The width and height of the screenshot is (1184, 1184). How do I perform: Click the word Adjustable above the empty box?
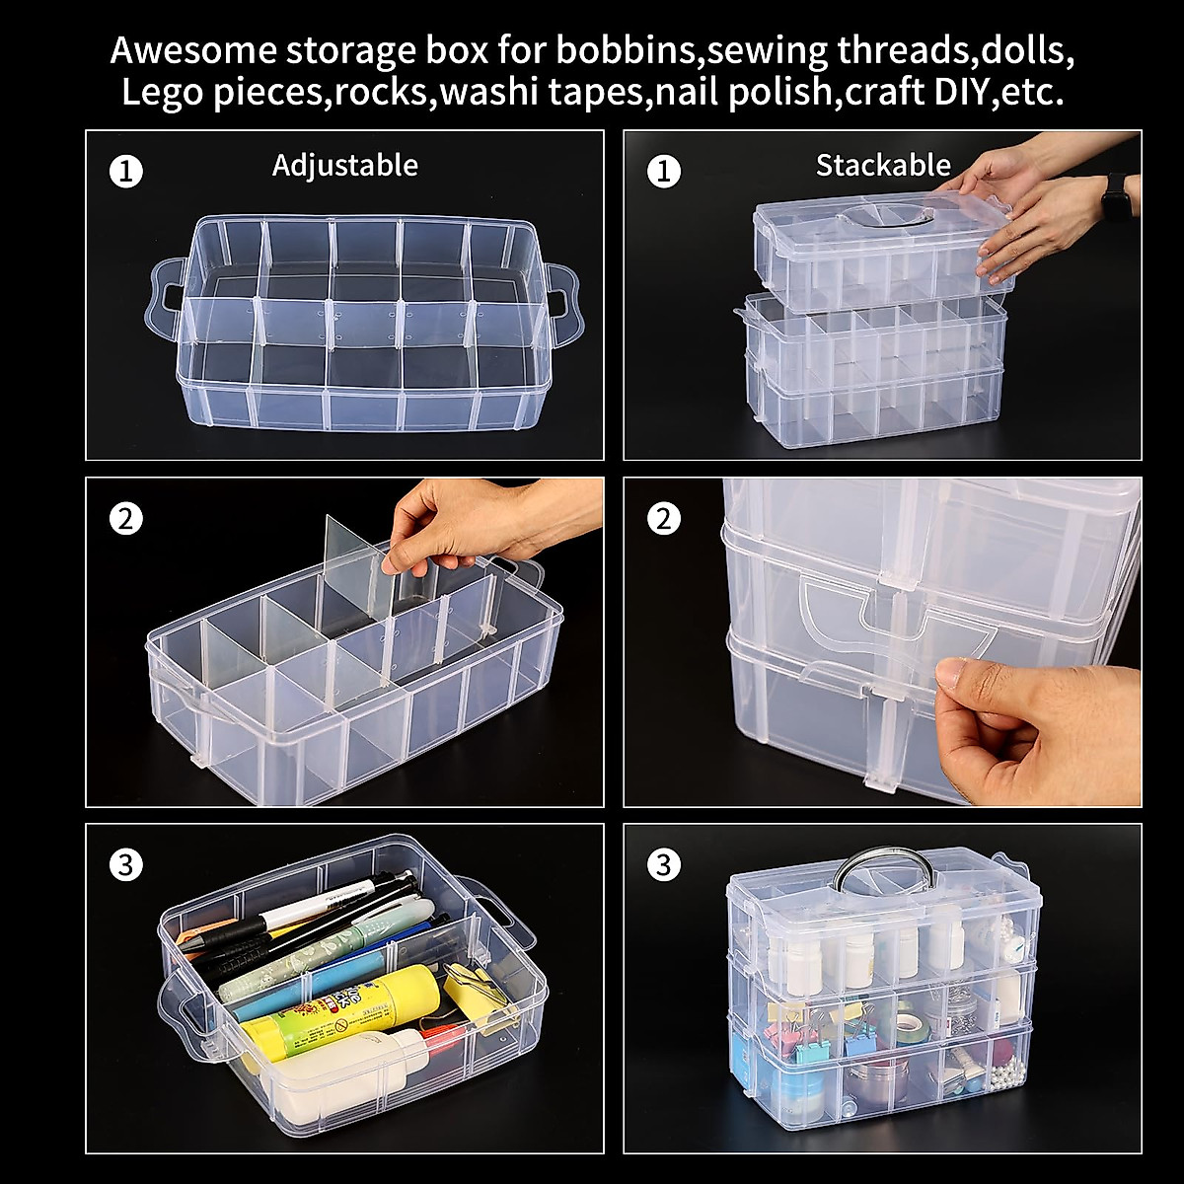(x=344, y=165)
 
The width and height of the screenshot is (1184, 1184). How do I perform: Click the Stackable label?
(x=882, y=165)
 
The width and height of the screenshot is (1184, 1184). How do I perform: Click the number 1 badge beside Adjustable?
(x=125, y=172)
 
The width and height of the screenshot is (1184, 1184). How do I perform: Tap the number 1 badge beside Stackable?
(x=663, y=172)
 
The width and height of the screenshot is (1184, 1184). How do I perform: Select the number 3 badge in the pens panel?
(x=125, y=865)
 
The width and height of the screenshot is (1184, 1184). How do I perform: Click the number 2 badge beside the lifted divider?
(x=125, y=518)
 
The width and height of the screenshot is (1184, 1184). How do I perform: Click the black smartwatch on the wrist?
(x=1116, y=196)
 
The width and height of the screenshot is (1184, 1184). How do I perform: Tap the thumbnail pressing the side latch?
(x=948, y=675)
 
